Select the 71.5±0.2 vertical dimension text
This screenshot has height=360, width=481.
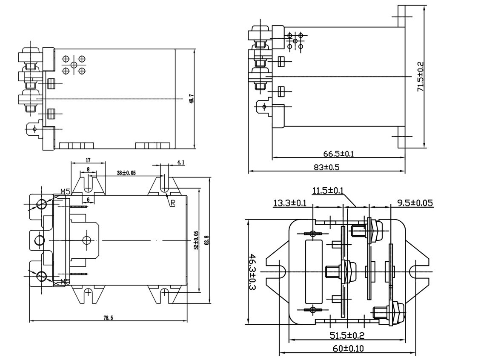click(x=421, y=76)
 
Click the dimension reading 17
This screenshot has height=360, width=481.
click(x=88, y=160)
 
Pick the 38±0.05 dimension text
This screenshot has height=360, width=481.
click(x=126, y=173)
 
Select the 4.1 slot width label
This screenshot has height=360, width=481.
click(x=180, y=162)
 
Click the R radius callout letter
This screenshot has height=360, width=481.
click(x=172, y=203)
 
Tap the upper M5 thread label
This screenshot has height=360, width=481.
click(x=65, y=192)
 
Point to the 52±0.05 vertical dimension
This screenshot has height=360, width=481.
click(x=196, y=240)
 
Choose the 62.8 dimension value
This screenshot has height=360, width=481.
click(x=206, y=241)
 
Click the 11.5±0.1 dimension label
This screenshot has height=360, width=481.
click(x=327, y=191)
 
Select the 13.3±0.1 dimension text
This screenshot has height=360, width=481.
click(x=289, y=203)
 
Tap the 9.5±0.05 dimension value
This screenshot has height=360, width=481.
click(x=415, y=203)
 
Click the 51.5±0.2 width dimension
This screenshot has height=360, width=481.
click(x=347, y=335)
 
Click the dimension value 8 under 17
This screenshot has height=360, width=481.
click(x=88, y=169)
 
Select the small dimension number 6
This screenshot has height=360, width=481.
click(x=88, y=200)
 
